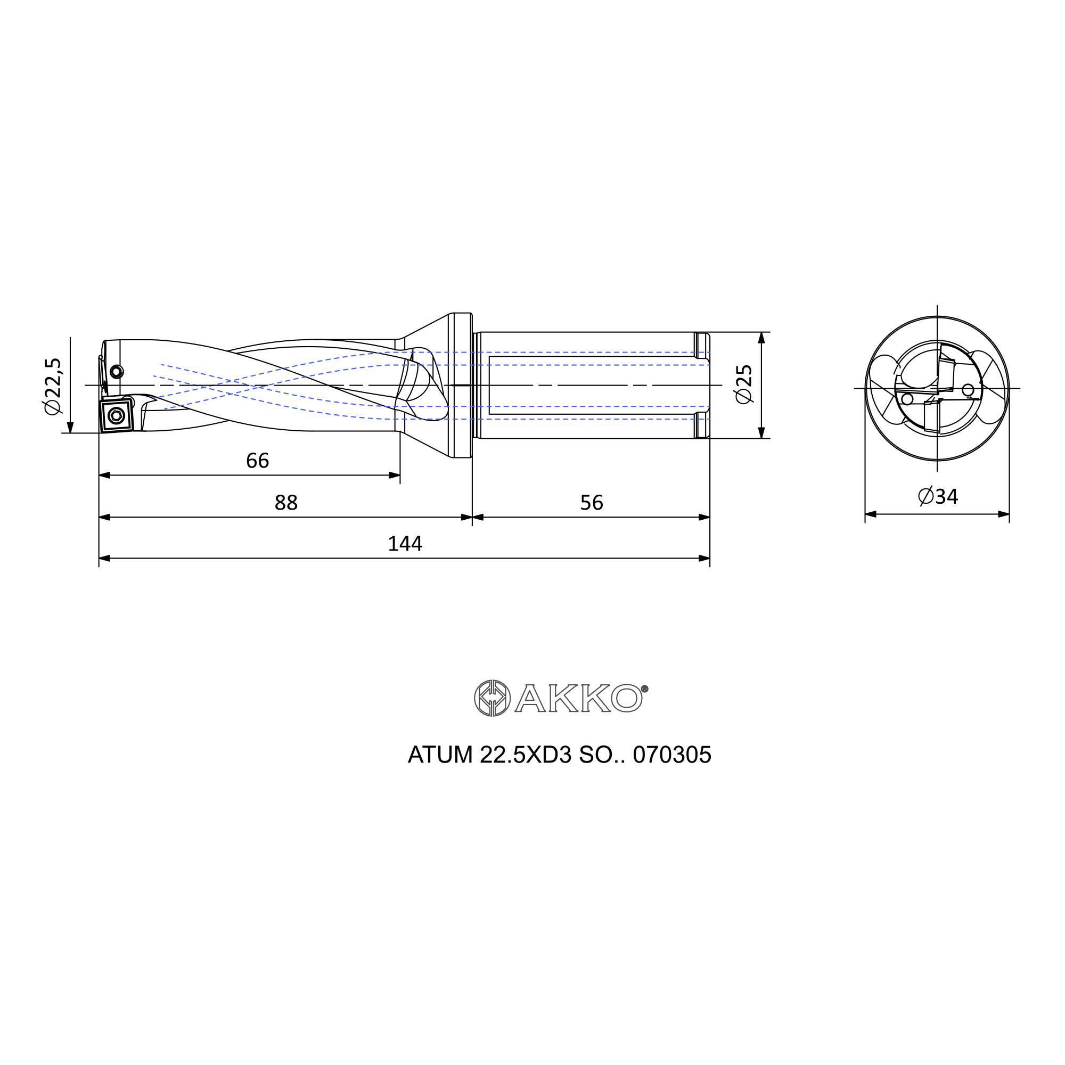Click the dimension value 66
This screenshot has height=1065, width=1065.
coord(257,461)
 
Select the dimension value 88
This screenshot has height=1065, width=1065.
coord(286,503)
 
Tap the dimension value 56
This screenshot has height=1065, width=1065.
coord(592,503)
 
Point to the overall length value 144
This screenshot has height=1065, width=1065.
coord(405,544)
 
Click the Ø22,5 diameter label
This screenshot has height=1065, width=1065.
coord(54,386)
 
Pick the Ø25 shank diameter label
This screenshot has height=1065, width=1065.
coord(743,384)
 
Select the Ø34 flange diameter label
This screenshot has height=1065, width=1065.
coord(938,497)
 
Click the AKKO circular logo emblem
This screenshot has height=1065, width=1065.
coord(491,698)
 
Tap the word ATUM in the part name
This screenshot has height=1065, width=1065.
coord(440,755)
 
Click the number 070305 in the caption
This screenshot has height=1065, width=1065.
coord(672,755)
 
